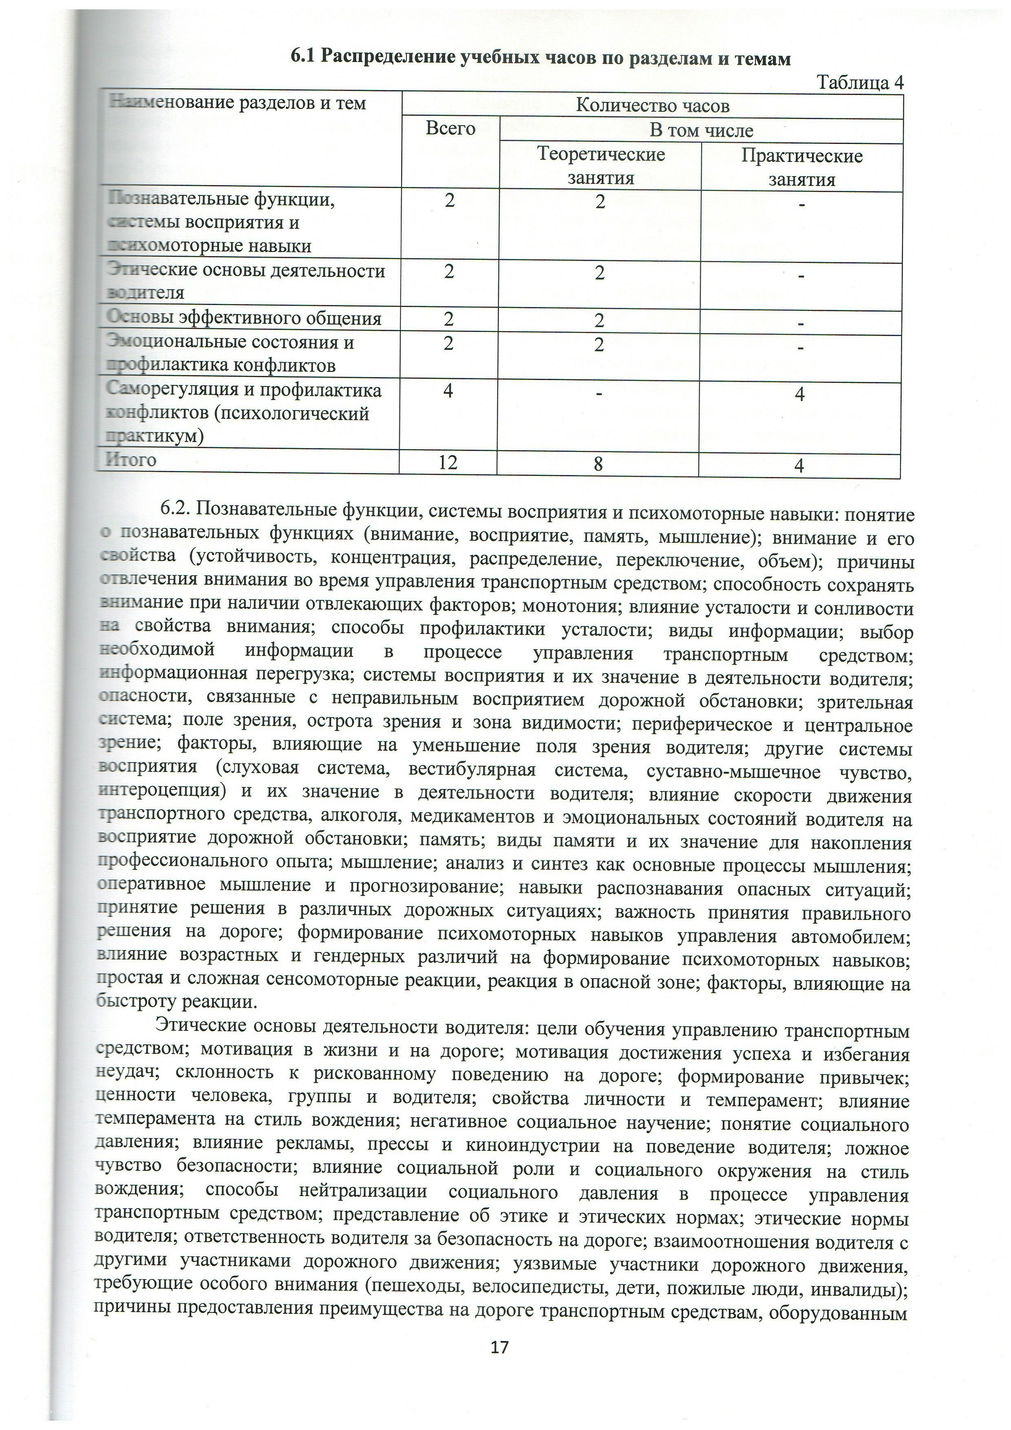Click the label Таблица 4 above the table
[859, 83]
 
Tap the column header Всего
[450, 128]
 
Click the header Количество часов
[652, 105]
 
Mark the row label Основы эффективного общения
[244, 318]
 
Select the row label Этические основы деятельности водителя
[246, 281]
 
